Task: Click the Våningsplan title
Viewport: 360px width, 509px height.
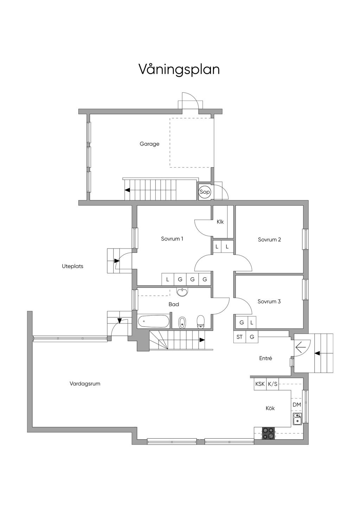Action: [x=179, y=70]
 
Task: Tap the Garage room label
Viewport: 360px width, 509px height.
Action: [x=149, y=144]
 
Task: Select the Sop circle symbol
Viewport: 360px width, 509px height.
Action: [x=204, y=192]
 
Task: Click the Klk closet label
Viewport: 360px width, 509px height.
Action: [x=220, y=222]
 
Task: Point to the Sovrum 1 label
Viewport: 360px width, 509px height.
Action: [x=172, y=239]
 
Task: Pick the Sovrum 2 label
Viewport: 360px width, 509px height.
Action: [x=269, y=239]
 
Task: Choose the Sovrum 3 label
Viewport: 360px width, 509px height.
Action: [x=269, y=301]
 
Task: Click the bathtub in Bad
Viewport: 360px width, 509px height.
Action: [x=153, y=321]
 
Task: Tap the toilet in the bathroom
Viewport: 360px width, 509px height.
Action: [x=200, y=322]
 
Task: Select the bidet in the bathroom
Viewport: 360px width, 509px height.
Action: [x=182, y=322]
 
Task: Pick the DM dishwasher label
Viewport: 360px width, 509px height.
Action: [x=297, y=405]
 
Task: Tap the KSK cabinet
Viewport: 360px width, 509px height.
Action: [x=260, y=384]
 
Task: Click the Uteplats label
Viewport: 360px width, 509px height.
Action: [x=72, y=266]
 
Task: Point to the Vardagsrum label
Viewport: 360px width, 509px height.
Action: [x=85, y=384]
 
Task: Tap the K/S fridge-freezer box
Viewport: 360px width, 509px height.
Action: [x=272, y=384]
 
